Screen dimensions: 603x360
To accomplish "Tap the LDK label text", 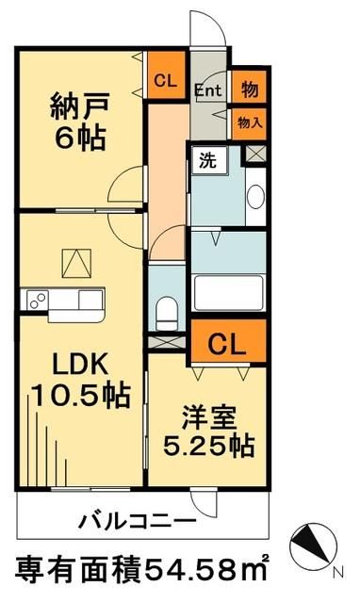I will pyautogui.click(x=68, y=364).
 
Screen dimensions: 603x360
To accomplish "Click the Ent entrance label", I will pyautogui.click(x=207, y=91).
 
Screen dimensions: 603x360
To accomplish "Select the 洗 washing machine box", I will pyautogui.click(x=205, y=159).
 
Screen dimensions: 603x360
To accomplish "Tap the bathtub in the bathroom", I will pyautogui.click(x=226, y=292).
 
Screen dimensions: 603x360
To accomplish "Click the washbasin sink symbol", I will pyautogui.click(x=254, y=196).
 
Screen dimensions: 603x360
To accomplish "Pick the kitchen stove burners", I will pyautogui.click(x=36, y=301).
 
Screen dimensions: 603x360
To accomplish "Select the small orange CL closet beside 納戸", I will pyautogui.click(x=165, y=80).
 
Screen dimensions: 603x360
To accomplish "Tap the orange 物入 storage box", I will pyautogui.click(x=248, y=122).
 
